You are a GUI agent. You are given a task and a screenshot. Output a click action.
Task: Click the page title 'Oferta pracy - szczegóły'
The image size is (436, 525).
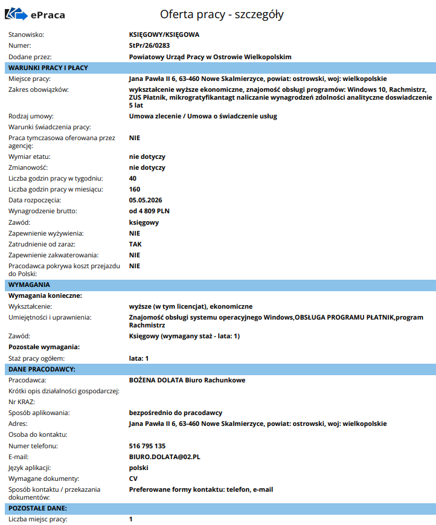(222, 14)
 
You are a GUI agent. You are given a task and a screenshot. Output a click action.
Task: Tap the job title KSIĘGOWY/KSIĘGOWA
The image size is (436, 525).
(164, 34)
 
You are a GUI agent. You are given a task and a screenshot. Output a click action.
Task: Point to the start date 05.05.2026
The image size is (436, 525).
(146, 200)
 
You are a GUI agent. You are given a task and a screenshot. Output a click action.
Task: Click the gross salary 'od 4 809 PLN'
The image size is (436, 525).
(149, 211)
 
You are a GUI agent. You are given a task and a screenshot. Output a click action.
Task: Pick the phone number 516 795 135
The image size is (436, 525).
(147, 446)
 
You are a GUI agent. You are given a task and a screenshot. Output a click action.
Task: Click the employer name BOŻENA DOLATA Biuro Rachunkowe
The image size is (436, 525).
(187, 380)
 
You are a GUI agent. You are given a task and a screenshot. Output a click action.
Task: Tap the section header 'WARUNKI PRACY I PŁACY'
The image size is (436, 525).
(48, 68)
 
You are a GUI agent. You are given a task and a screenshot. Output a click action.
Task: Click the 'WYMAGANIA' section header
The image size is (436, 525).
(30, 285)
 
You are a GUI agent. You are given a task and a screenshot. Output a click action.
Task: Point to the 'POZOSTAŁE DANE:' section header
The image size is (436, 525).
(38, 508)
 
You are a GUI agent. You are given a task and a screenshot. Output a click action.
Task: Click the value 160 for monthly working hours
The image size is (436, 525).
(135, 189)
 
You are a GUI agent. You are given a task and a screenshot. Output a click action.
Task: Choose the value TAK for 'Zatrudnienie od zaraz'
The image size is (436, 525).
(135, 244)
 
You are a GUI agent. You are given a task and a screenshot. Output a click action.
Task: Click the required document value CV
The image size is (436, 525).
(133, 478)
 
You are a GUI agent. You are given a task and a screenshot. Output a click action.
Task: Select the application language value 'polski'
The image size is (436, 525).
(139, 468)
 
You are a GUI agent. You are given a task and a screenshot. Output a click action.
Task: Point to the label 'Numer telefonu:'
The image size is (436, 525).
(33, 446)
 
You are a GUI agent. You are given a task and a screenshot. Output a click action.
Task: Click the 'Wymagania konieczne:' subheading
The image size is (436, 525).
(44, 295)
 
